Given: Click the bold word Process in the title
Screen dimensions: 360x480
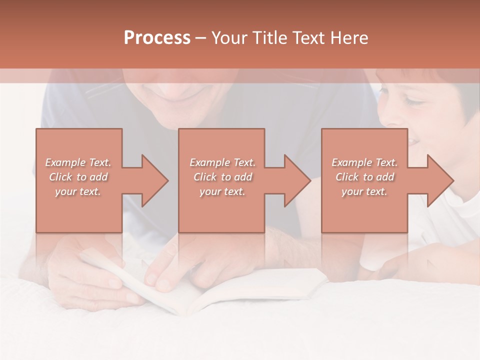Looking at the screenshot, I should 157,38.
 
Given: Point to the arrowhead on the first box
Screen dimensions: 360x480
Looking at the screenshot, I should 155,180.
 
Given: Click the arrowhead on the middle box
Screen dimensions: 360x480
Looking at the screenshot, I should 297,180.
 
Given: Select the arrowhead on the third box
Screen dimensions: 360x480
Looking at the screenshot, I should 440,180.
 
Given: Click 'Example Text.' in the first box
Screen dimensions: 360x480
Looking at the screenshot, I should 78,162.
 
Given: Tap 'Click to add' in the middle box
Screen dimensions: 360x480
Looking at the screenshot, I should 222,177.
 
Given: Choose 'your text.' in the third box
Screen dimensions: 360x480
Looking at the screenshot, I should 364,191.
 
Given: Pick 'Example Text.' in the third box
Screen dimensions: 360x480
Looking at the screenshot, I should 364,162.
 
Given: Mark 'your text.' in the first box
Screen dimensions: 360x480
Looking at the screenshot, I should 78,191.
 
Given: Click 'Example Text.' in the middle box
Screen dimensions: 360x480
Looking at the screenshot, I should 222,162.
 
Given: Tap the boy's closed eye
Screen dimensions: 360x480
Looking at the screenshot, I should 418,102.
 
